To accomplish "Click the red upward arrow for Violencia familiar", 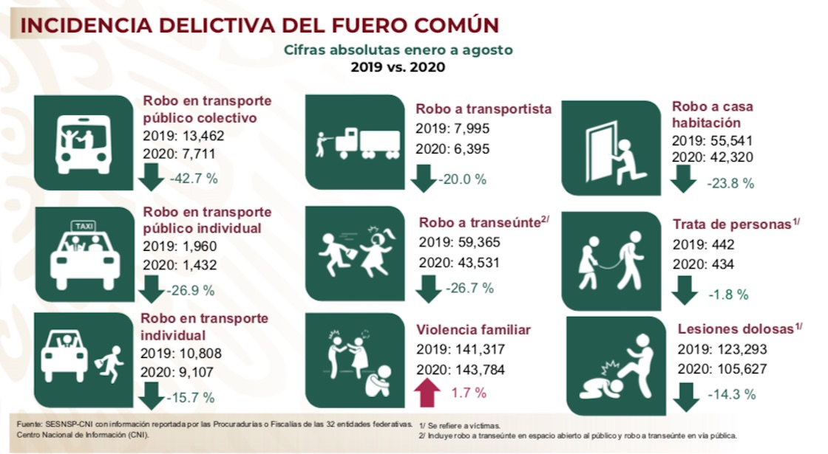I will pyautogui.click(x=427, y=393).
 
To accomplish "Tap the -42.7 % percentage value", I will pyautogui.click(x=193, y=179).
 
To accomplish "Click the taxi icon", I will pyautogui.click(x=83, y=252).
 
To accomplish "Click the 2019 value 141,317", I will pyautogui.click(x=491, y=349).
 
